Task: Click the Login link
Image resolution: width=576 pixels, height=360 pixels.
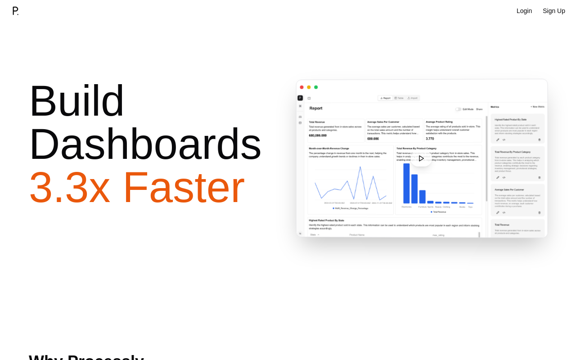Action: click(524, 11)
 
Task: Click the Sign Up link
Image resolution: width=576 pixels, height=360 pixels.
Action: click(553, 11)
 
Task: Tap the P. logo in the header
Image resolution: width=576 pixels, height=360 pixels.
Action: click(15, 11)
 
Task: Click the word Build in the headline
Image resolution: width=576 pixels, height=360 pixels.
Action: click(76, 101)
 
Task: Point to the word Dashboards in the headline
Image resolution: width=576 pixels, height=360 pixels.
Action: click(145, 144)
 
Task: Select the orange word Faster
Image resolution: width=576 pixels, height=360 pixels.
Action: click(184, 187)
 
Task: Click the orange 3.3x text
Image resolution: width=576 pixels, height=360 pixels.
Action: click(69, 187)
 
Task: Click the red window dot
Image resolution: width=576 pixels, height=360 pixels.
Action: click(302, 87)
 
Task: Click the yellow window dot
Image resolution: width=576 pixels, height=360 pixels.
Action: click(309, 87)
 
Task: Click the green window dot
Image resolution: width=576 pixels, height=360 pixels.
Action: click(316, 87)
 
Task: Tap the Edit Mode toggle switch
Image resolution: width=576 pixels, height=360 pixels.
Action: click(458, 109)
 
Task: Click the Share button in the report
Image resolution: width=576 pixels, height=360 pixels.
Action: click(479, 109)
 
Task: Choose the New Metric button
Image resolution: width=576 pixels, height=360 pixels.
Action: click(537, 107)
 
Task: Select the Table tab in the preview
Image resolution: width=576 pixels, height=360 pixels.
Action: click(399, 98)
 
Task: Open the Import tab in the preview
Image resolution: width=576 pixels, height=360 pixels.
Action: click(413, 98)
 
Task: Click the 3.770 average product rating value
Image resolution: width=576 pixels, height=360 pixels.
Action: click(430, 139)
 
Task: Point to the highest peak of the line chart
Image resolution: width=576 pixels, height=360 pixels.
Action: click(360, 167)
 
